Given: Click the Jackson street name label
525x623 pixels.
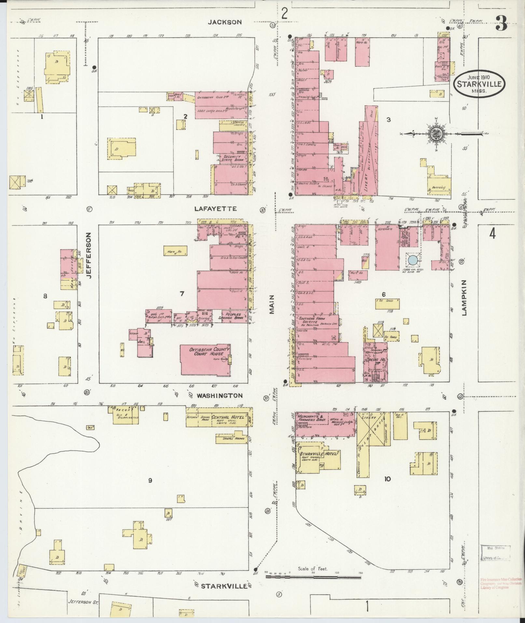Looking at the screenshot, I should point(225,22).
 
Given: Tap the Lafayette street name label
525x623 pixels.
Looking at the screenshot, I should point(220,208).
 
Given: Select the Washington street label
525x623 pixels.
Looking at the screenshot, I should point(219,395).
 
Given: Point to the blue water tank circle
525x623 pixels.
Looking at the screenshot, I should point(412,260).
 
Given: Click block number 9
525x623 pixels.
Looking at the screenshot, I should point(150,480).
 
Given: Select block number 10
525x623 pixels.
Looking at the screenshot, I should point(387,479).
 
